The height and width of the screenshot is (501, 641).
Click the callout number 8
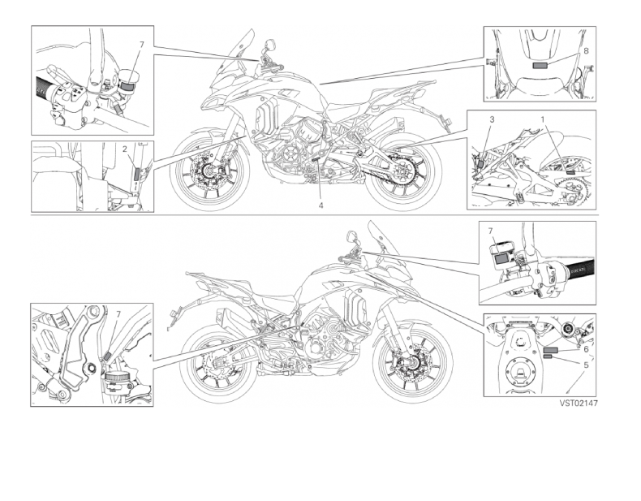586,50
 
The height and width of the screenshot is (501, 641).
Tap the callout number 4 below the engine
321,205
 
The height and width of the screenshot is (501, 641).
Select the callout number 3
492,119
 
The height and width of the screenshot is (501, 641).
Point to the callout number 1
543,119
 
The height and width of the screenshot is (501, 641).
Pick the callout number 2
125,149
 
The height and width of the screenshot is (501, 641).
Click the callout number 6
586,349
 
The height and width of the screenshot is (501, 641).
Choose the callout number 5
586,365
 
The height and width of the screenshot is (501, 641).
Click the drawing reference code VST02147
579,404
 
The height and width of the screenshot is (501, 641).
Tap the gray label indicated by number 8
540,66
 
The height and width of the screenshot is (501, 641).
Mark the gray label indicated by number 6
550,350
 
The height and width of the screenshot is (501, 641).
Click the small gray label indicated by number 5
548,357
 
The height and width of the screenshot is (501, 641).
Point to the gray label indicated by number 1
570,173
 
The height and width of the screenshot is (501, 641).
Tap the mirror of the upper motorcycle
269,43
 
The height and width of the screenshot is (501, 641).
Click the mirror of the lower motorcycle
351,235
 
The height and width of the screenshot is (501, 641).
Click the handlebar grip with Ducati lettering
579,270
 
